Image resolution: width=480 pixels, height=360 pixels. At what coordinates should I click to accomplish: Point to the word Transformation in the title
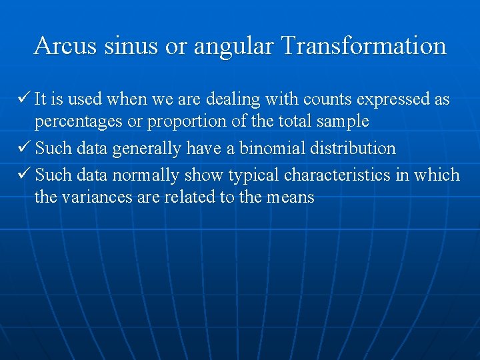[x=363, y=46]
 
